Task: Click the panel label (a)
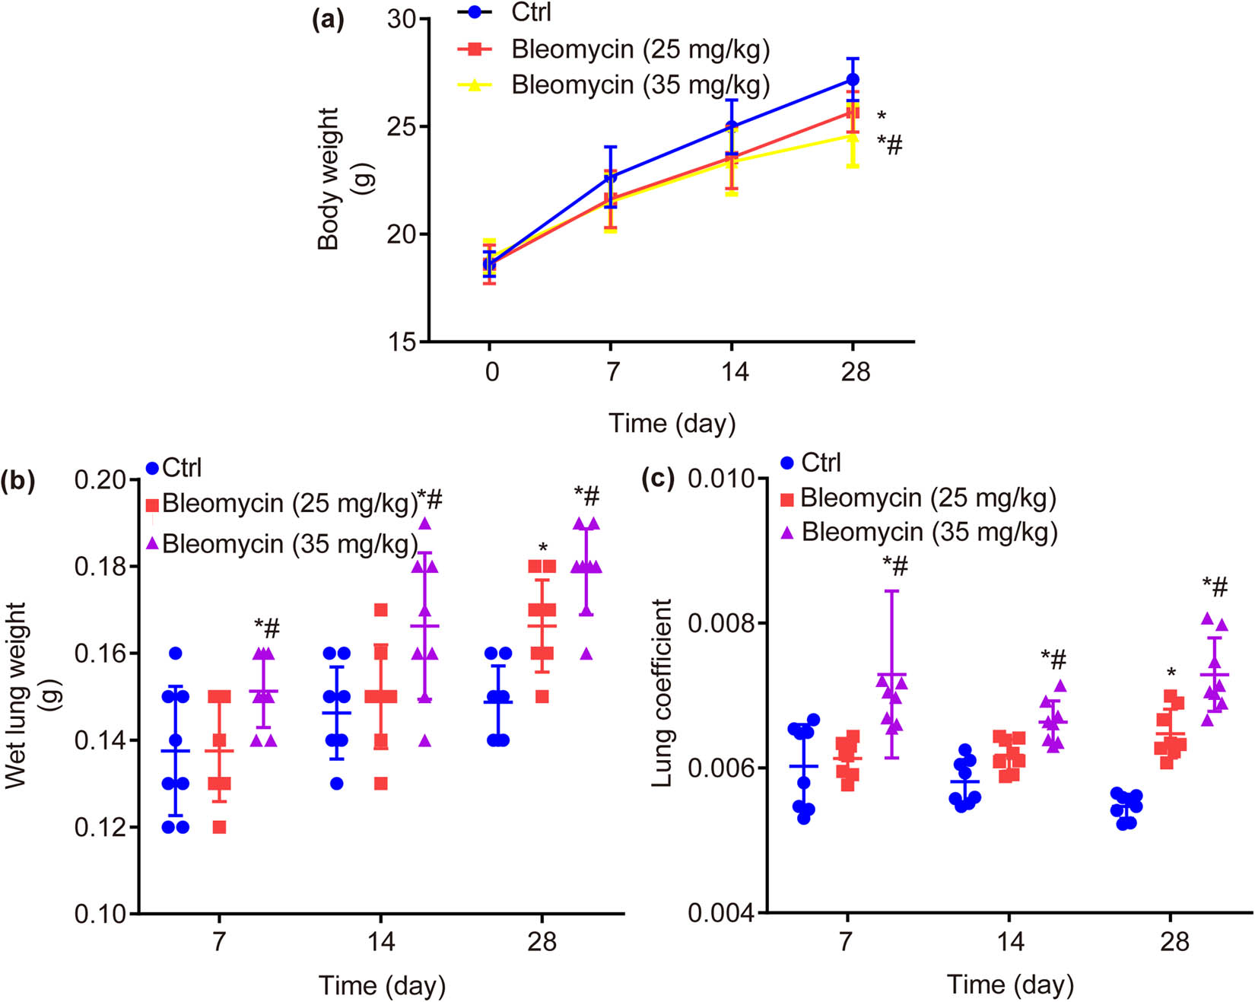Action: (x=328, y=20)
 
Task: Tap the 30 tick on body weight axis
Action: (x=402, y=19)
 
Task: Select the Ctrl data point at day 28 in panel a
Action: (x=853, y=80)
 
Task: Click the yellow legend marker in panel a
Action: (x=475, y=84)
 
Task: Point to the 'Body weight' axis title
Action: (x=329, y=179)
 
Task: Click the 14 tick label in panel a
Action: (x=733, y=371)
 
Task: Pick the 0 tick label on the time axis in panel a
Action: (x=491, y=371)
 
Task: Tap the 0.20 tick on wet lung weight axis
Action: (x=101, y=480)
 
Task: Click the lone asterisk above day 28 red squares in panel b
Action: (x=542, y=548)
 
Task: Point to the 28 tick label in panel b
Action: (x=542, y=942)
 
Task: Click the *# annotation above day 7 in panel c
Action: (x=894, y=565)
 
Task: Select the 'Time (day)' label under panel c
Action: (x=1009, y=985)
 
